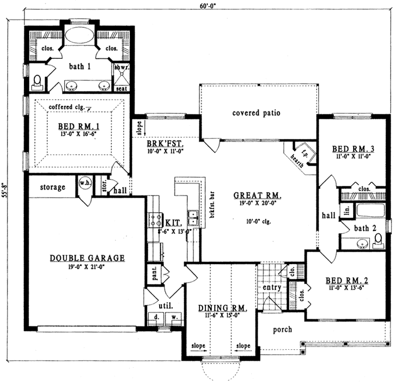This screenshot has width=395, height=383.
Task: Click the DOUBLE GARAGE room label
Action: click(x=88, y=258)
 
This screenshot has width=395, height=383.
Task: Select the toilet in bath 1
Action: click(x=37, y=82)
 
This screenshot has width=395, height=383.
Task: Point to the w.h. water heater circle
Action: click(x=86, y=183)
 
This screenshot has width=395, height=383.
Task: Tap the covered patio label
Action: click(x=256, y=113)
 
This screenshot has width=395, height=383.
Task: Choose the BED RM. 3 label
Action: click(x=352, y=149)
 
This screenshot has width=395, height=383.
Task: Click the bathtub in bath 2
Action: click(x=369, y=210)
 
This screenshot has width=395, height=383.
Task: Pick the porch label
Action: click(x=282, y=329)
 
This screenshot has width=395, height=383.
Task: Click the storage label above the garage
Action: click(x=52, y=187)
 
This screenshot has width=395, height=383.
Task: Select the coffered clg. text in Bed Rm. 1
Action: click(x=67, y=107)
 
